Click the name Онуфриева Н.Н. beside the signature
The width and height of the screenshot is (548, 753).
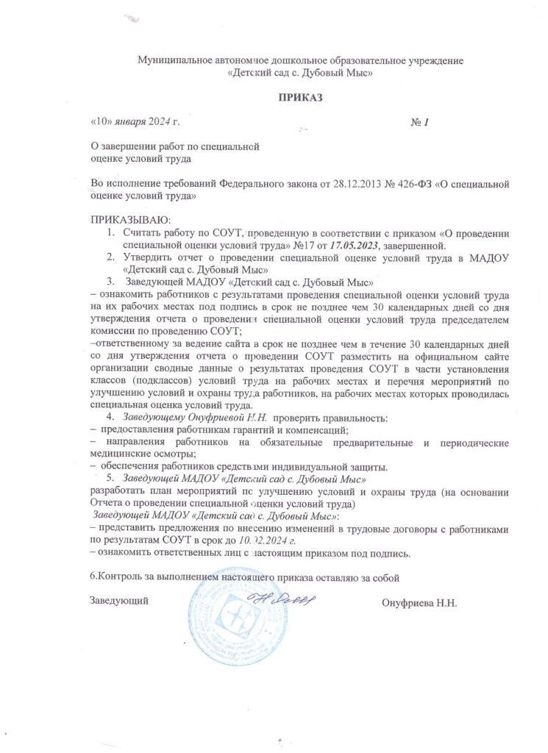point(420,603)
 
